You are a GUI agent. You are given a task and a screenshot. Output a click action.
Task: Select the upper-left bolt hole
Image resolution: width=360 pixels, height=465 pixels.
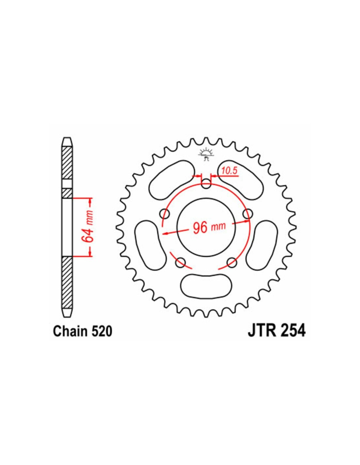(x=165, y=213)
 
